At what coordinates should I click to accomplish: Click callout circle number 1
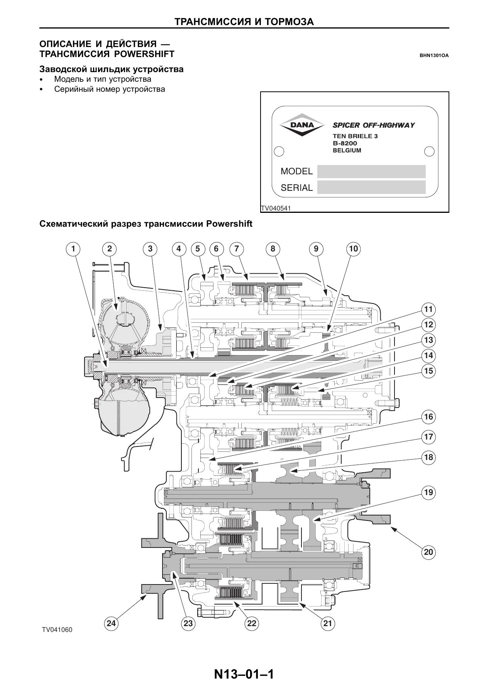click(x=73, y=249)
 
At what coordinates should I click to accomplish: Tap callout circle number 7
click(x=236, y=249)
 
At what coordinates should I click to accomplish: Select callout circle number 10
click(x=354, y=249)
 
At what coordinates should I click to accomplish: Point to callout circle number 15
click(x=428, y=371)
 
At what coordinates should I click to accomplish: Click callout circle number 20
click(x=428, y=552)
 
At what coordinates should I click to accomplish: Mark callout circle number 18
click(x=428, y=457)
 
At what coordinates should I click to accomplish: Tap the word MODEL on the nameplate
click(x=296, y=171)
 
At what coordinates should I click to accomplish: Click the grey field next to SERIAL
click(x=371, y=187)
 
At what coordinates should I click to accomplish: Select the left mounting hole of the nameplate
click(x=279, y=151)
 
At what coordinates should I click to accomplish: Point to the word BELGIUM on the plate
click(x=347, y=150)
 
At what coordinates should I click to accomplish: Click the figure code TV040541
click(x=276, y=209)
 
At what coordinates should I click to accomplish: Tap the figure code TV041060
click(x=57, y=640)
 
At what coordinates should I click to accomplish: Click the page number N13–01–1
click(x=244, y=674)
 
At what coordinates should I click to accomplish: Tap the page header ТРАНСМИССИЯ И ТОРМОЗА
click(x=244, y=22)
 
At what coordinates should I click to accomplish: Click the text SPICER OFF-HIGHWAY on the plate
click(x=374, y=125)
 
